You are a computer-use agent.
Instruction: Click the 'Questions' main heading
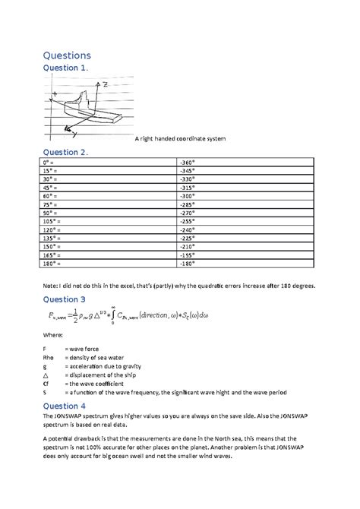tap(67, 55)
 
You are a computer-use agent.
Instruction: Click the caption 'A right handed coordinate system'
tap(180, 139)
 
